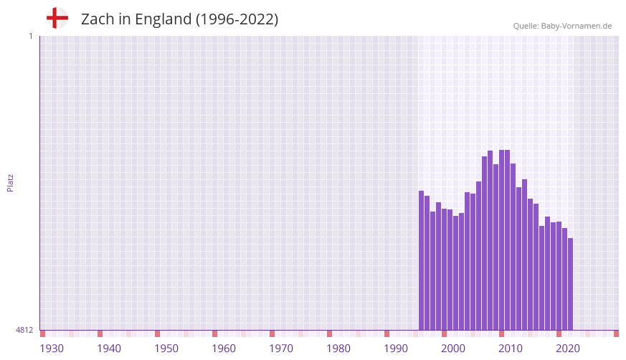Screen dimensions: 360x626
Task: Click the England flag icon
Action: pyautogui.click(x=57, y=19)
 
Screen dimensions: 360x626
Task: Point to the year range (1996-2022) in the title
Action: pyautogui.click(x=237, y=19)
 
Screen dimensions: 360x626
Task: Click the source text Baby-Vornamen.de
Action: pyautogui.click(x=577, y=26)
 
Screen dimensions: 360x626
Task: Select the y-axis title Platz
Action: pyautogui.click(x=10, y=182)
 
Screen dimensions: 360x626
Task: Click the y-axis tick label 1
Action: pyautogui.click(x=30, y=36)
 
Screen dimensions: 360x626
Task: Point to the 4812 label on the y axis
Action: pyautogui.click(x=24, y=330)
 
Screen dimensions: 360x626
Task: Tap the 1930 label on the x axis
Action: pyautogui.click(x=52, y=349)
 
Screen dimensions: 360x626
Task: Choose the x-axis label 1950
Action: pyautogui.click(x=166, y=349)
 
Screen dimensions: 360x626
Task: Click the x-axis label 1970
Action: pyautogui.click(x=281, y=349)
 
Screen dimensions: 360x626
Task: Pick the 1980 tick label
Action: pyautogui.click(x=338, y=349)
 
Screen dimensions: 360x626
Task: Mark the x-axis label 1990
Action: pyautogui.click(x=396, y=349)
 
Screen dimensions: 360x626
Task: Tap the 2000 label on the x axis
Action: pyautogui.click(x=453, y=349)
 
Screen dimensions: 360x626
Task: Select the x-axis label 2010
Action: pyautogui.click(x=511, y=349)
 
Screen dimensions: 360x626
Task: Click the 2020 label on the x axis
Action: pyautogui.click(x=568, y=349)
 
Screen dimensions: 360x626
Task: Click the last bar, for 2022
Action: pyautogui.click(x=570, y=284)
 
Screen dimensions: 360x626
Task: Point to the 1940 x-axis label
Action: pyautogui.click(x=109, y=349)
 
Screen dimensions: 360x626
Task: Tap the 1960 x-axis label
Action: pyautogui.click(x=224, y=349)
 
